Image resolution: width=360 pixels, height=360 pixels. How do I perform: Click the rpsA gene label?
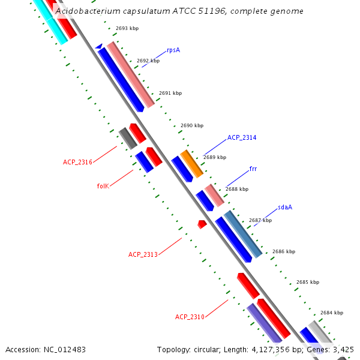coord(173,50)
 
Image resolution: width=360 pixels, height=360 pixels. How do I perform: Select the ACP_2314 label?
coord(242,138)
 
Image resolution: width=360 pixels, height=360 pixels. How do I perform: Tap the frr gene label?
coord(253,169)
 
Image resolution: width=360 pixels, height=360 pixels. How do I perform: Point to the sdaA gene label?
coord(285,208)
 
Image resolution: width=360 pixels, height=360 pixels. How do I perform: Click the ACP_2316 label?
coord(77,162)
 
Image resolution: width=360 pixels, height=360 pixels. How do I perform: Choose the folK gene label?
coord(103,186)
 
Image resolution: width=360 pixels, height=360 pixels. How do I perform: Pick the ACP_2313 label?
coord(143,254)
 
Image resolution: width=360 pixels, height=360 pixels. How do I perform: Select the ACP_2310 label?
coord(190,317)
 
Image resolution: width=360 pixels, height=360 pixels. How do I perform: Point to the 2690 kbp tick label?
coord(192,126)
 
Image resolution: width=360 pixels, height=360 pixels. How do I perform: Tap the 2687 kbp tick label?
coord(260,220)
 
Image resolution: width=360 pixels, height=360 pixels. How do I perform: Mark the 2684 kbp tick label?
coord(331,313)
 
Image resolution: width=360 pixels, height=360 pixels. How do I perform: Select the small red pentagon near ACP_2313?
coord(202,224)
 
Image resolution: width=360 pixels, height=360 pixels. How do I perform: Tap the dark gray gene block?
coord(128,138)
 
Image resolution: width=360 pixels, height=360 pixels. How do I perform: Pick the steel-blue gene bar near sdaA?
coord(242,234)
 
